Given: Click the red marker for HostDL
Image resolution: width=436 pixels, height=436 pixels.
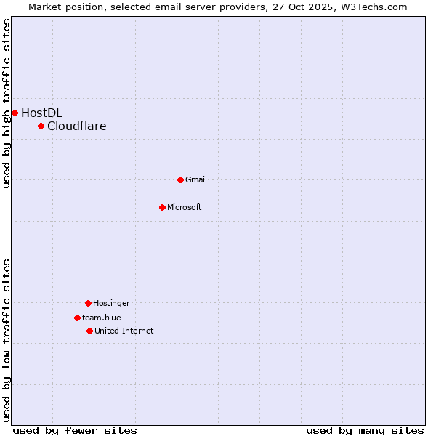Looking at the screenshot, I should click(15, 113).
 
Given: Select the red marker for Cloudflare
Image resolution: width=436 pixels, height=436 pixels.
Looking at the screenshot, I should click(41, 126).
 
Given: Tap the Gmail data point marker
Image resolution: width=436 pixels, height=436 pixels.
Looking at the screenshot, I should click(181, 179).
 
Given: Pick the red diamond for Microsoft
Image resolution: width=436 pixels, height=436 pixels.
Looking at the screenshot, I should click(163, 207).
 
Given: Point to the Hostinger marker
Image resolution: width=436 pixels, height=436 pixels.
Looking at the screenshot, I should click(88, 303).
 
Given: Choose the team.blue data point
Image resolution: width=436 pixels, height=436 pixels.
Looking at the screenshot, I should click(77, 318).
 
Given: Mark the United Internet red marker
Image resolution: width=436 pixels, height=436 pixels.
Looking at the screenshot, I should click(89, 331).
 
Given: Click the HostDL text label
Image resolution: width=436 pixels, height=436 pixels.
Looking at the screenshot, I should click(41, 113).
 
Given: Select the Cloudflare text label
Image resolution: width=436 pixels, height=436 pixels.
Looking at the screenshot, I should click(77, 126).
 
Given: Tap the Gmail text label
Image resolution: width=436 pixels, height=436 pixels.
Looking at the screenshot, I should click(196, 179).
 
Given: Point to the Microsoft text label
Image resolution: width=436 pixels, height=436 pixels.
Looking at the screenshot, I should click(185, 207).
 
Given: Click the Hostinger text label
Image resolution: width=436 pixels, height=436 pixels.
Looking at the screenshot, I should click(111, 303).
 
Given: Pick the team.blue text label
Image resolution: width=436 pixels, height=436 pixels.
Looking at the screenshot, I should click(102, 318).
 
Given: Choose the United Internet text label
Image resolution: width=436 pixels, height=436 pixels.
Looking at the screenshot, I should click(124, 331).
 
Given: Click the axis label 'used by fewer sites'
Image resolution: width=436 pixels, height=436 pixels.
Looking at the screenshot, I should click(75, 430).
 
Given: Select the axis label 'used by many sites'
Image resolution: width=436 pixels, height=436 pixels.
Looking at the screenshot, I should click(365, 430).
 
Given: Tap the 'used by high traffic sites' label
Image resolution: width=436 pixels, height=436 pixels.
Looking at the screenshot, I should click(7, 103).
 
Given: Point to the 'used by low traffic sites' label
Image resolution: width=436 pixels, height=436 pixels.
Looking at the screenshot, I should click(7, 340).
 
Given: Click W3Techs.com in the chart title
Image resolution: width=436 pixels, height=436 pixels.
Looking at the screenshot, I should click(371, 7).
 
